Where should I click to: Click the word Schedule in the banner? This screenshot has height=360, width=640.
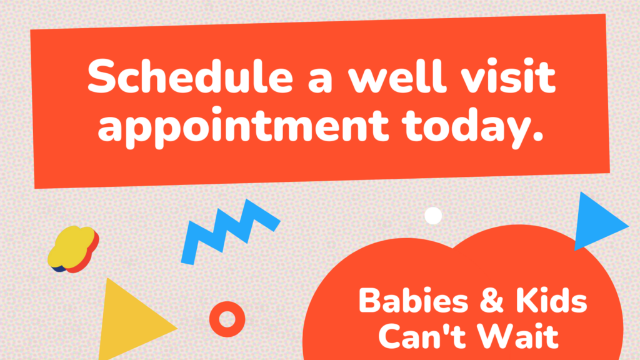click(190, 76)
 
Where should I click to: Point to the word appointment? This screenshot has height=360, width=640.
click(243, 126)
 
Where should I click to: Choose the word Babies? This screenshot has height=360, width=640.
click(413, 301)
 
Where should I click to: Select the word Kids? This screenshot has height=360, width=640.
click(551, 301)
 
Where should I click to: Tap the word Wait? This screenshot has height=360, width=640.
click(517, 336)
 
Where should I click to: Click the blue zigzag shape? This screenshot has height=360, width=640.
click(230, 231)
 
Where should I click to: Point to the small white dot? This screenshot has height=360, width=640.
click(433, 216)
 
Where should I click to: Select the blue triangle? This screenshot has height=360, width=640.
click(595, 222)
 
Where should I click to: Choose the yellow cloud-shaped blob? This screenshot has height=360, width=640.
click(72, 249)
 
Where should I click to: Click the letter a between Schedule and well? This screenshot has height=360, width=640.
click(320, 80)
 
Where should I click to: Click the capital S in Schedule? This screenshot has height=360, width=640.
click(102, 76)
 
